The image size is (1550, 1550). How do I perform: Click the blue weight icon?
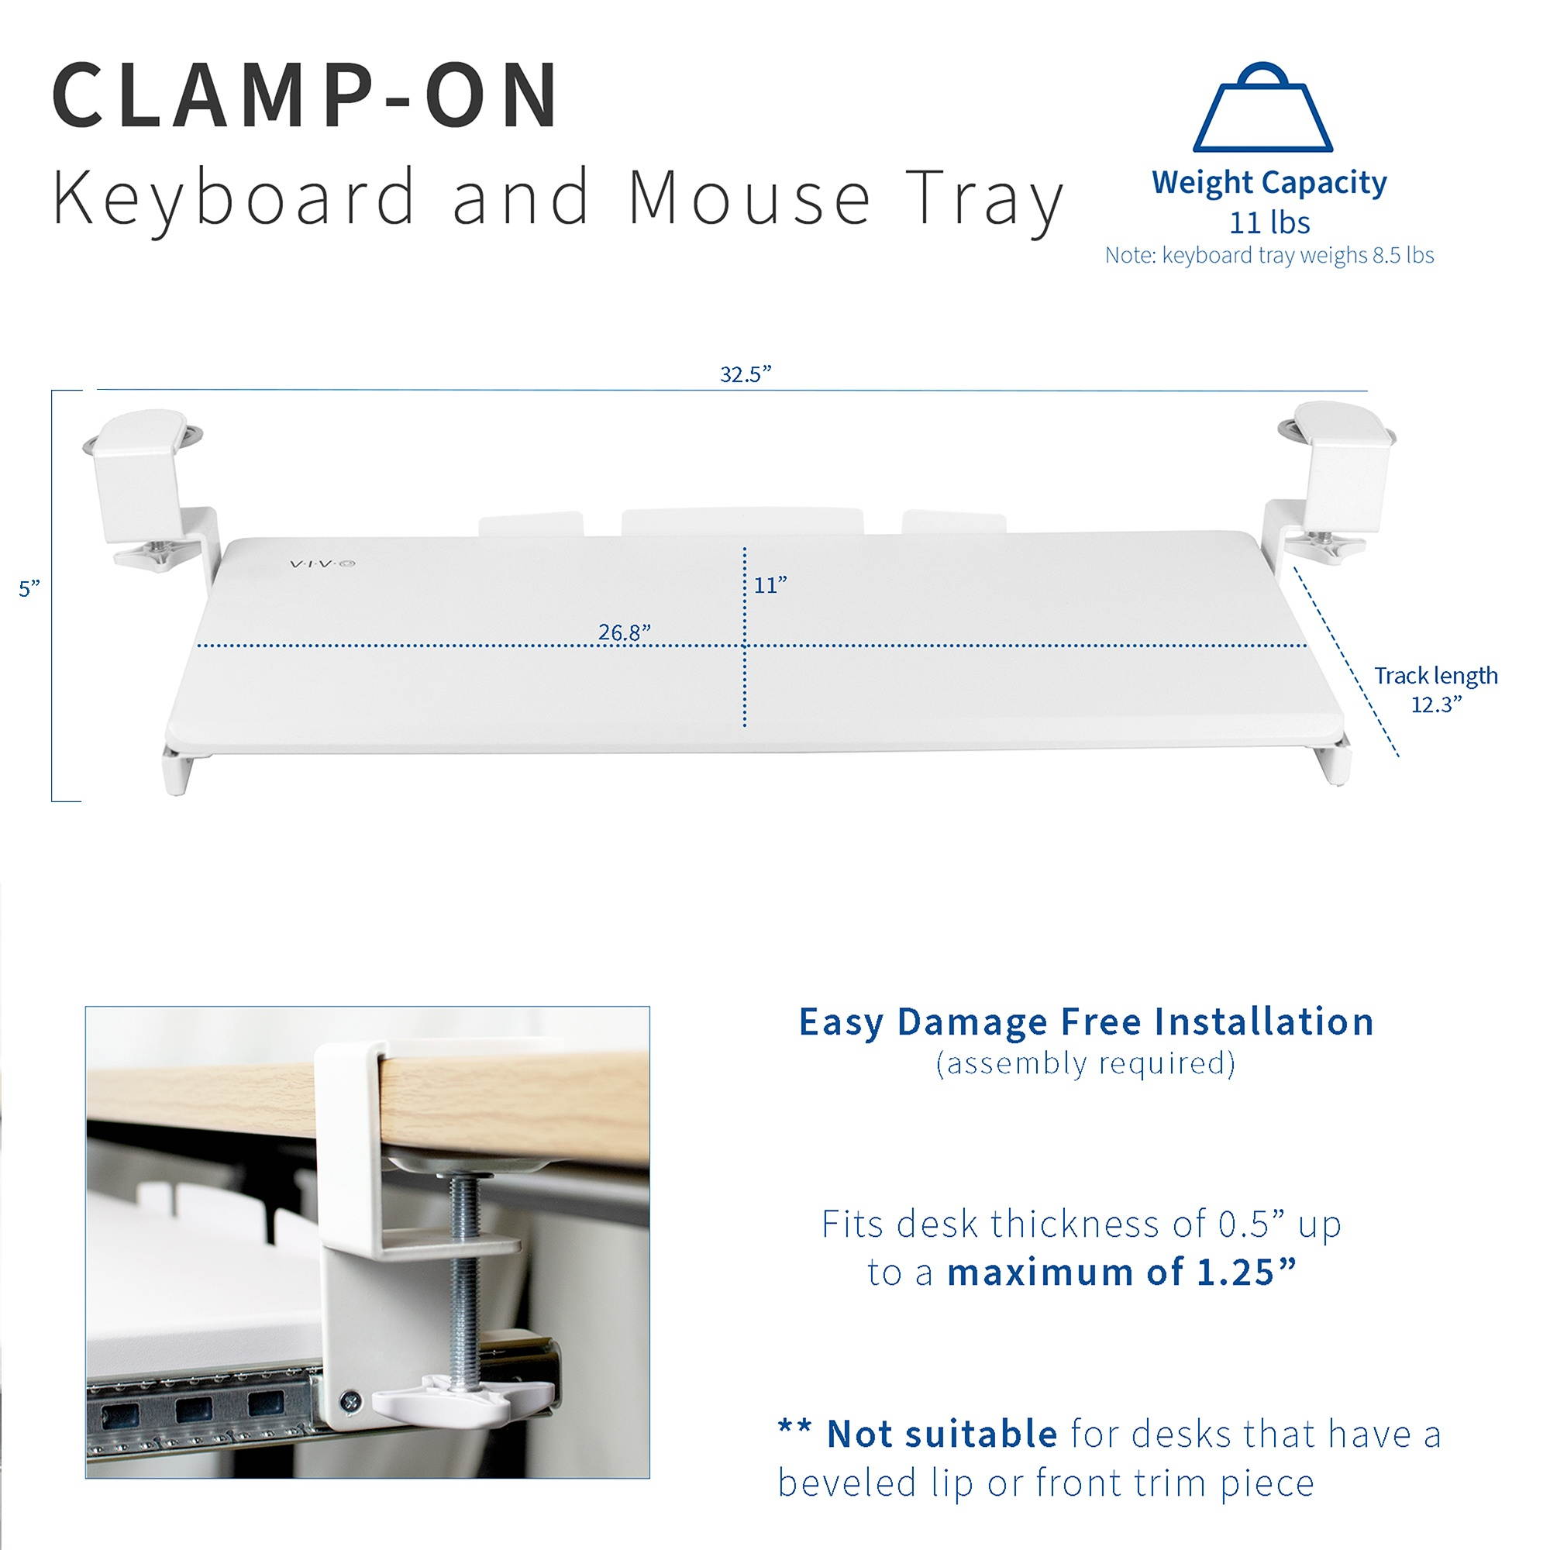point(1262,109)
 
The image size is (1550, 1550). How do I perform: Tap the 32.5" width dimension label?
point(746,374)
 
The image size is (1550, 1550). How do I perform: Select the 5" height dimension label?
point(29,588)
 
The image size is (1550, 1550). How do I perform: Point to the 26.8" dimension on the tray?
point(624,632)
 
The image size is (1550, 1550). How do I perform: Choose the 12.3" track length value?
point(1436,704)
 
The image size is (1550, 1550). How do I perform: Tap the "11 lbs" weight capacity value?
point(1269,222)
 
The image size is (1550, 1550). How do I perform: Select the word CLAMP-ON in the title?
point(305,96)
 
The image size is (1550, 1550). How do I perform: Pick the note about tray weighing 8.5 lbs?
point(1269,255)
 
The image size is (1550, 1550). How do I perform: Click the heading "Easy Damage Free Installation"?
point(1087,1022)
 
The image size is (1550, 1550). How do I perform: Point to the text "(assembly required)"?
point(1086,1063)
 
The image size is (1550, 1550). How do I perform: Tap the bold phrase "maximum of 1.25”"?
point(1121,1273)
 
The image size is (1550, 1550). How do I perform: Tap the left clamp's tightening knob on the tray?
point(155,553)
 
